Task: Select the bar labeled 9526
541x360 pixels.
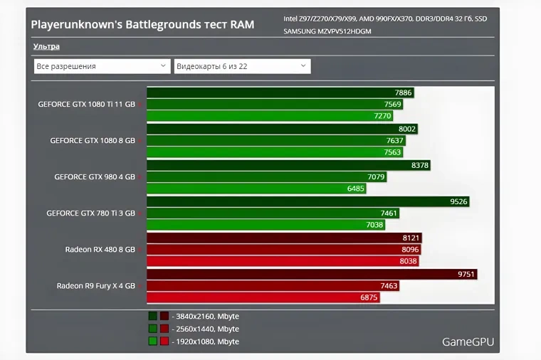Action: pyautogui.click(x=458, y=201)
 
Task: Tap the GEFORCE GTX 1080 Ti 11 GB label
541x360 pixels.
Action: pyautogui.click(x=86, y=104)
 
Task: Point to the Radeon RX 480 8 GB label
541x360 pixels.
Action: pyautogui.click(x=100, y=250)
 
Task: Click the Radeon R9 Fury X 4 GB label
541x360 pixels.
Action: pyautogui.click(x=95, y=286)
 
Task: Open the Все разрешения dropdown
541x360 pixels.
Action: pyautogui.click(x=101, y=66)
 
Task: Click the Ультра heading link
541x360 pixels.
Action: pyautogui.click(x=46, y=47)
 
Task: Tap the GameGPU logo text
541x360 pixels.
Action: pyautogui.click(x=468, y=342)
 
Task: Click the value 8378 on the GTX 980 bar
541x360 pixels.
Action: pyautogui.click(x=420, y=165)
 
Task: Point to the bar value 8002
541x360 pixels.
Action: pyautogui.click(x=407, y=129)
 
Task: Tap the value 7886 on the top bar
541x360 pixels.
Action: pyautogui.click(x=403, y=92)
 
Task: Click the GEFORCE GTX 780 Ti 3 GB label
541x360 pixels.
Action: pyautogui.click(x=90, y=213)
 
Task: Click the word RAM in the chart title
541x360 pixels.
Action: pyautogui.click(x=241, y=25)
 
